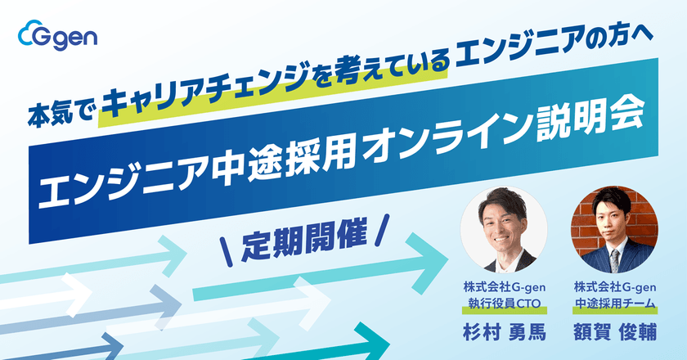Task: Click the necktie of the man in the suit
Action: (614, 259)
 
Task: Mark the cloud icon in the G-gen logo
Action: (29, 35)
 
